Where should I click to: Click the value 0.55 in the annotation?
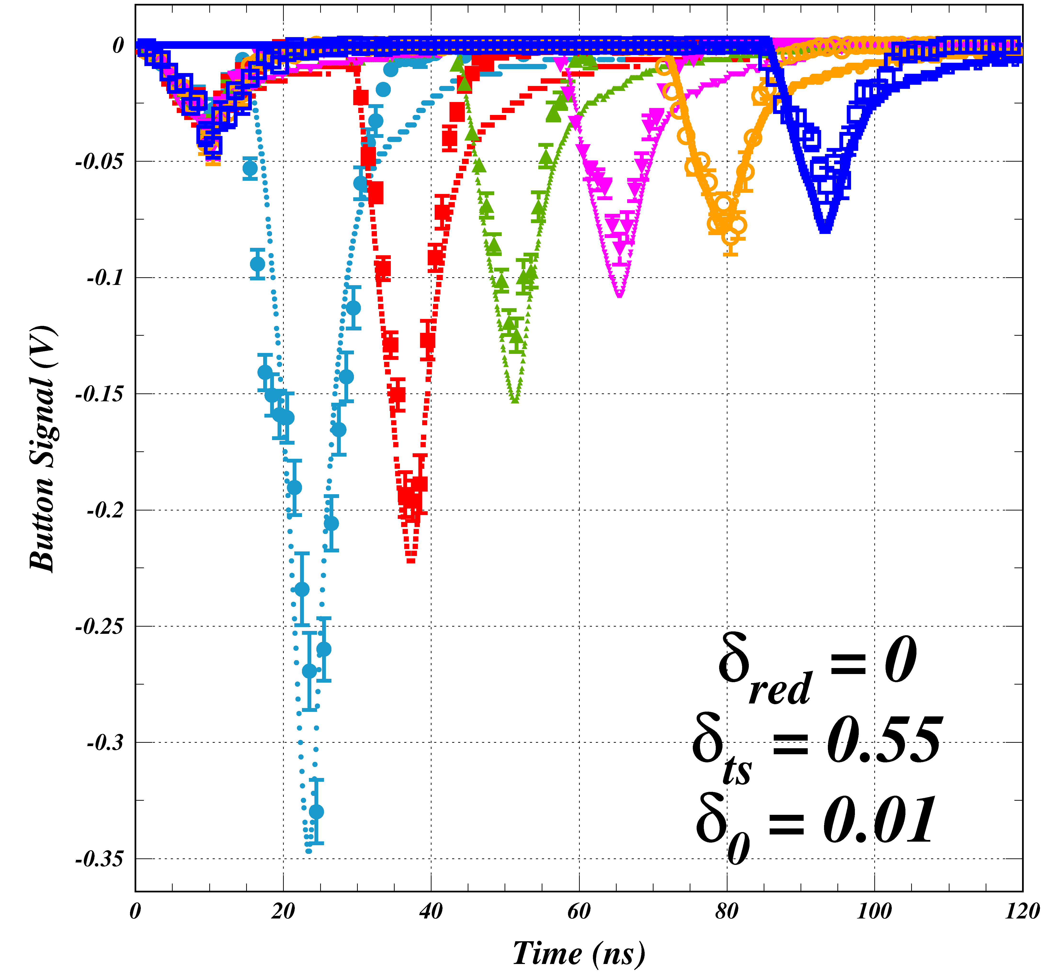click(884, 741)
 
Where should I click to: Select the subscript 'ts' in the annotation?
click(737, 771)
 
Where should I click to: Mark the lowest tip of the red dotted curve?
click(411, 561)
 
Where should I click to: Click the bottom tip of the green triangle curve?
click(515, 401)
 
